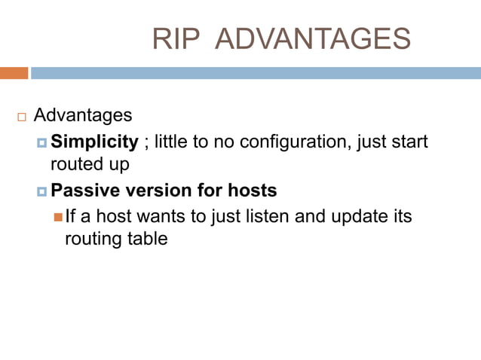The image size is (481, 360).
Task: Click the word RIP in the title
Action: click(x=173, y=38)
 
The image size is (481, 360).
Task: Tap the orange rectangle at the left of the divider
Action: click(x=14, y=73)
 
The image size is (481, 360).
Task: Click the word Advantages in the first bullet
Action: click(x=83, y=116)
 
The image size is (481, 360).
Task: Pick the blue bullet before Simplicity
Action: click(x=42, y=142)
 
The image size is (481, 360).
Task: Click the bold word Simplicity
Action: click(x=94, y=142)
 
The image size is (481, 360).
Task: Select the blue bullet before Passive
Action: click(x=42, y=191)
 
